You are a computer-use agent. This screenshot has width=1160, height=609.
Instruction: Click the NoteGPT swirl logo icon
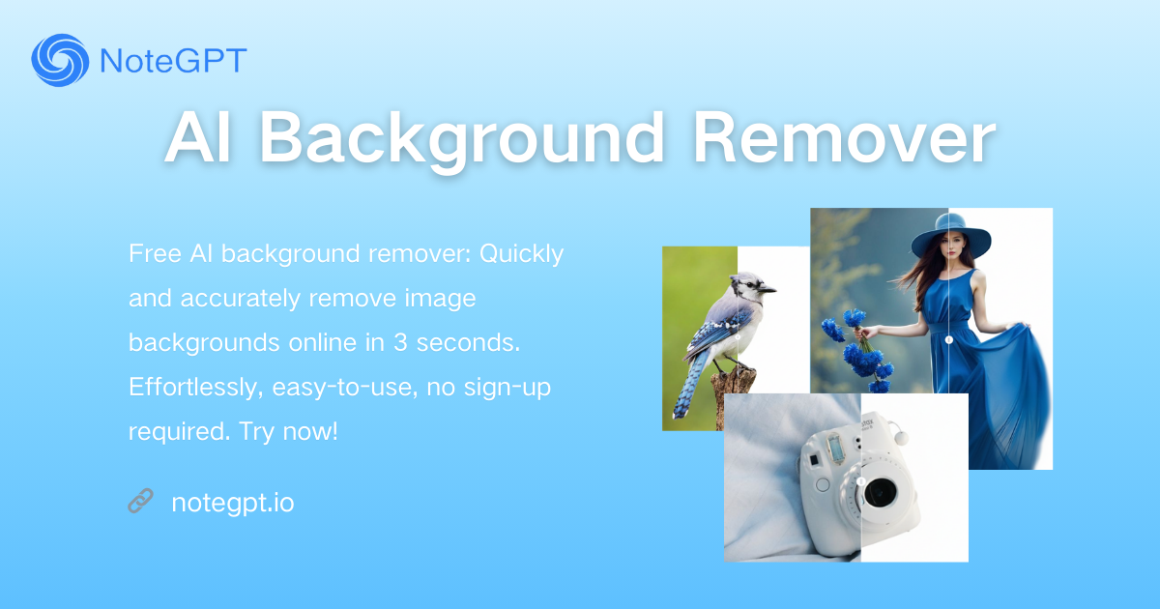tap(60, 60)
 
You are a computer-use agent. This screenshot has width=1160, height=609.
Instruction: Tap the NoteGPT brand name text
tap(173, 61)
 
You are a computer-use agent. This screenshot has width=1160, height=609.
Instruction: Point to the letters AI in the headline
tap(198, 138)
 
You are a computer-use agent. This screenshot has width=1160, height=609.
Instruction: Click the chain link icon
tap(140, 501)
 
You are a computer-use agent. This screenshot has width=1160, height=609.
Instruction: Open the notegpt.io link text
tap(233, 503)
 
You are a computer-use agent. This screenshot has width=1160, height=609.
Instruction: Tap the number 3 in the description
tap(400, 343)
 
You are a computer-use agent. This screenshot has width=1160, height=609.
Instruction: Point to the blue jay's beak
tap(768, 289)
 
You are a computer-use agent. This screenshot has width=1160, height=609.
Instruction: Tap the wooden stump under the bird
tap(735, 394)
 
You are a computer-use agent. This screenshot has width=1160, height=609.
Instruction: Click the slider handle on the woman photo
tap(948, 339)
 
